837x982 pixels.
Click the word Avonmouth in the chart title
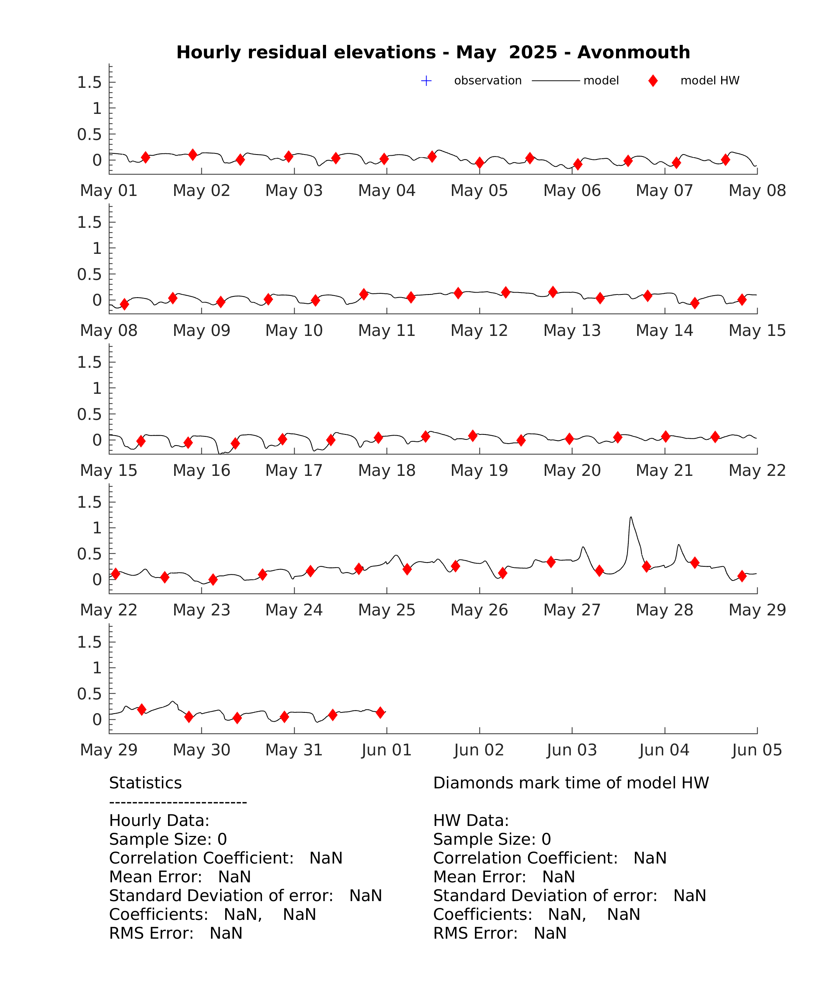(634, 52)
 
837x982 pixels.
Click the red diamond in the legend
(653, 81)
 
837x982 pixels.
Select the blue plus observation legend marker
(426, 81)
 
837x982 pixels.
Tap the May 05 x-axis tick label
(479, 191)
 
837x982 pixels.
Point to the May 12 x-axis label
(479, 330)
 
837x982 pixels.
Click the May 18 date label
(387, 470)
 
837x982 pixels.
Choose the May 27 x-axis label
(572, 610)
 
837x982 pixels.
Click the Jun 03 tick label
(572, 750)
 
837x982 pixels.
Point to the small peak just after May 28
(679, 544)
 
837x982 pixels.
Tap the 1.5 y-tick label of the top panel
(90, 82)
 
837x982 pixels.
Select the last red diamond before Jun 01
(380, 712)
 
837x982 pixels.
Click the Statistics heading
(146, 783)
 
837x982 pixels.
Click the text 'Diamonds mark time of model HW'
(571, 783)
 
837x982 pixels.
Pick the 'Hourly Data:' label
(159, 821)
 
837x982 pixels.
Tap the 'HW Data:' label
(471, 821)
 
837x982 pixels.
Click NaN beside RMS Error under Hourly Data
(226, 933)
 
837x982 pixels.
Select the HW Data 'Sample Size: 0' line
(492, 839)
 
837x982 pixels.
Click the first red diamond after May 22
(115, 574)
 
